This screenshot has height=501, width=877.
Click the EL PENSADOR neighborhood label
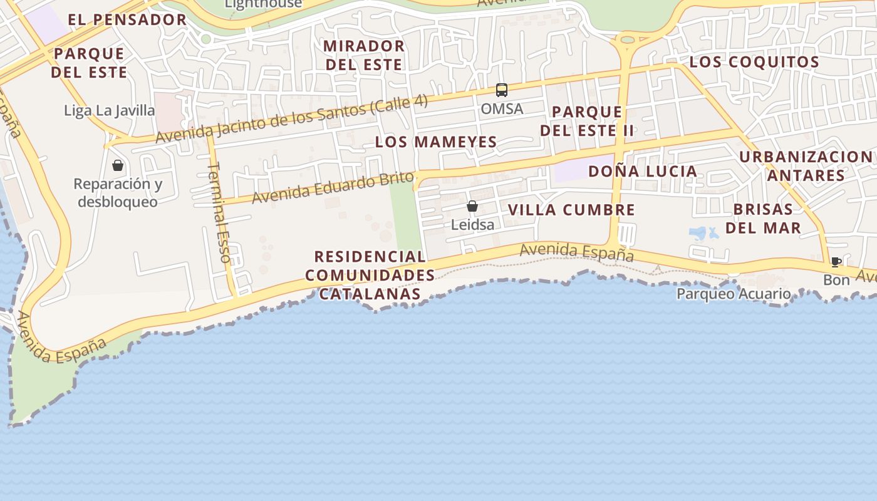point(127,19)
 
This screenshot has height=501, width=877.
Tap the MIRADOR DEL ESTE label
point(364,55)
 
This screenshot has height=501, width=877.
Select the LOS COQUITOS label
point(754,62)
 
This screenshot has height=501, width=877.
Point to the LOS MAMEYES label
point(436,142)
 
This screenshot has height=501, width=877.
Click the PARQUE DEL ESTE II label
point(587,121)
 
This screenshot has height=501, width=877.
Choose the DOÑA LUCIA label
point(643,171)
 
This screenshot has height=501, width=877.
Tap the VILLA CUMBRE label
point(571,210)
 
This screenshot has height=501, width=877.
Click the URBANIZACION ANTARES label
point(806,166)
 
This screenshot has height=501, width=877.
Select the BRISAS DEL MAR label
point(763,218)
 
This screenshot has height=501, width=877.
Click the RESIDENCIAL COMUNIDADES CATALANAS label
point(370,275)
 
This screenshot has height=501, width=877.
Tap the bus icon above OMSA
point(502,90)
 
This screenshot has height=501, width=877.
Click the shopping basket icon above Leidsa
point(472,206)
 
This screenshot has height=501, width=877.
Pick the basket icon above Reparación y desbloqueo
point(118,165)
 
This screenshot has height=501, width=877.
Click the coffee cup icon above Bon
point(836,262)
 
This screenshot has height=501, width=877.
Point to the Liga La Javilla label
point(110,111)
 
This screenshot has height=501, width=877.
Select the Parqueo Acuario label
point(734,294)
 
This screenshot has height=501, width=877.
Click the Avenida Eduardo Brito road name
point(333,187)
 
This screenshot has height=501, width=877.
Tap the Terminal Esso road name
point(219,212)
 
